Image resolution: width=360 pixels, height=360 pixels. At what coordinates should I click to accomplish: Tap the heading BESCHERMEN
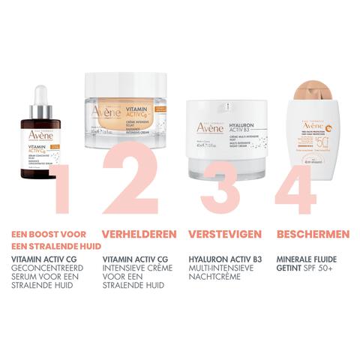coord(308,233)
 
